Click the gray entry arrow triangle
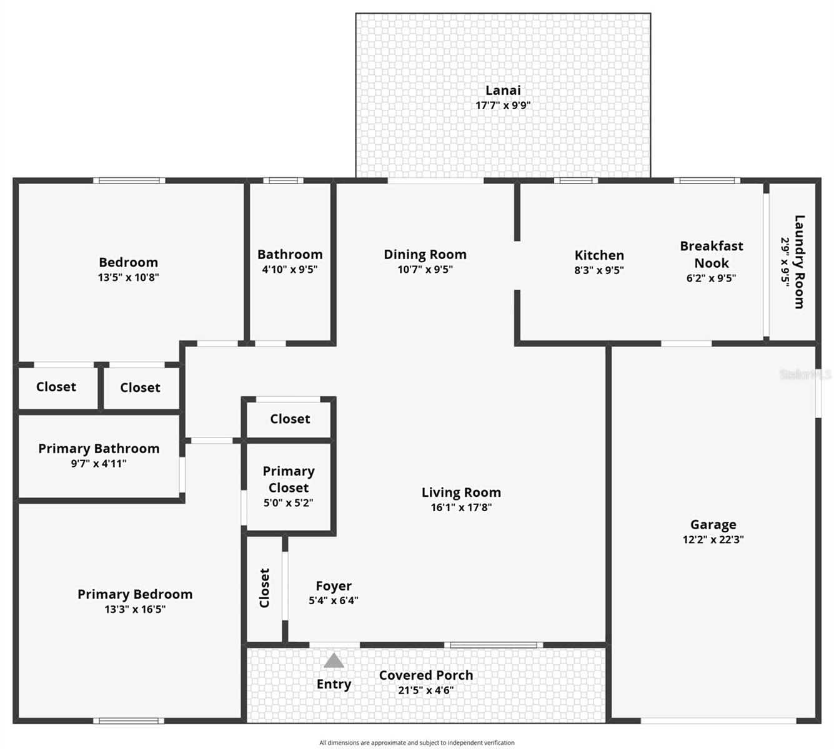tap(334, 660)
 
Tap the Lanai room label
tap(503, 91)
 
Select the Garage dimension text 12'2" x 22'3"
tap(713, 540)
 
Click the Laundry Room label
tap(799, 262)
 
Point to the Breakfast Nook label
tap(712, 254)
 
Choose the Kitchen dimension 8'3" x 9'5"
tap(599, 270)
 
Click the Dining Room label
tap(425, 254)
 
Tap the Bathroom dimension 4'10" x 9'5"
tap(290, 270)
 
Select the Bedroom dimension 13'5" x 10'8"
tap(128, 277)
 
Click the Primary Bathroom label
tap(99, 448)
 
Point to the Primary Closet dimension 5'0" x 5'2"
tap(288, 503)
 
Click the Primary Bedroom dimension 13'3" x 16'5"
tap(135, 609)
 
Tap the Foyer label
tap(334, 585)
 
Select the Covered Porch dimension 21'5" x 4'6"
tap(425, 690)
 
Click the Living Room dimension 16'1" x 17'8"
tap(461, 507)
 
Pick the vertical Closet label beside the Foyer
tap(264, 587)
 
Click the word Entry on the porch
tap(334, 684)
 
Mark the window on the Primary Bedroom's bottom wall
tap(129, 721)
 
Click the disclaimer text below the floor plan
tap(417, 743)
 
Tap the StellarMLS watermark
tap(805, 374)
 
